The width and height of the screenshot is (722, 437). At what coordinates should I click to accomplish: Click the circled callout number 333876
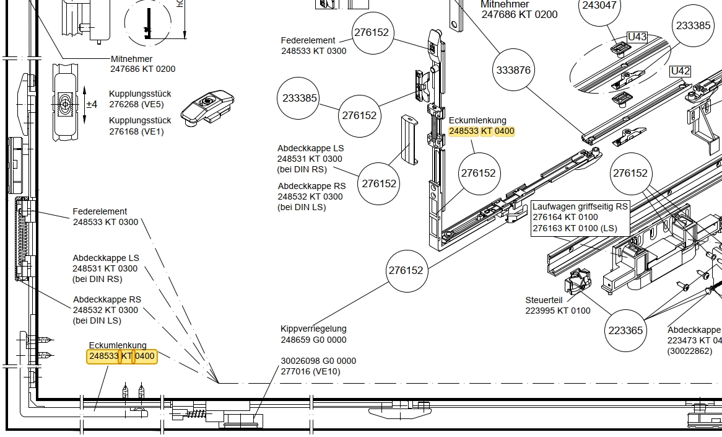513,70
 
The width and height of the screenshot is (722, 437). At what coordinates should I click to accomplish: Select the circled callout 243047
599,6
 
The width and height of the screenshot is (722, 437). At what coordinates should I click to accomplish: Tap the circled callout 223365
625,330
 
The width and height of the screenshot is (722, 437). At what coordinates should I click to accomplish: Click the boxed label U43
637,37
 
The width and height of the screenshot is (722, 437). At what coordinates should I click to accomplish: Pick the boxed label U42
681,71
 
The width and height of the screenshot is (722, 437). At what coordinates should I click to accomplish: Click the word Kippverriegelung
313,329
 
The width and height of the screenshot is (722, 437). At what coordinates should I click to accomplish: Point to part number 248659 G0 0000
313,340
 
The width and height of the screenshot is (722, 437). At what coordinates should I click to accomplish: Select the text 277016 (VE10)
310,371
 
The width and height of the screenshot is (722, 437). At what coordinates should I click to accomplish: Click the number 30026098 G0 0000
318,361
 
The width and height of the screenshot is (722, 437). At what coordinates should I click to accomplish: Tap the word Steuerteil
544,300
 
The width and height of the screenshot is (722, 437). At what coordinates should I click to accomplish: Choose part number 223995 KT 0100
557,311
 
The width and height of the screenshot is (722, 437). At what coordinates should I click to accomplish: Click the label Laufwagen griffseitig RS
580,206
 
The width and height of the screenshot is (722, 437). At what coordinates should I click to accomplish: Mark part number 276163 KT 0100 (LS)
575,228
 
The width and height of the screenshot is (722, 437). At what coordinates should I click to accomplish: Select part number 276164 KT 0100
565,217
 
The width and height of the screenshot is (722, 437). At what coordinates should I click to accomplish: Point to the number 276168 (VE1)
136,131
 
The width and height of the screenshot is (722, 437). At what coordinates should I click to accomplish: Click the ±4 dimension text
92,104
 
